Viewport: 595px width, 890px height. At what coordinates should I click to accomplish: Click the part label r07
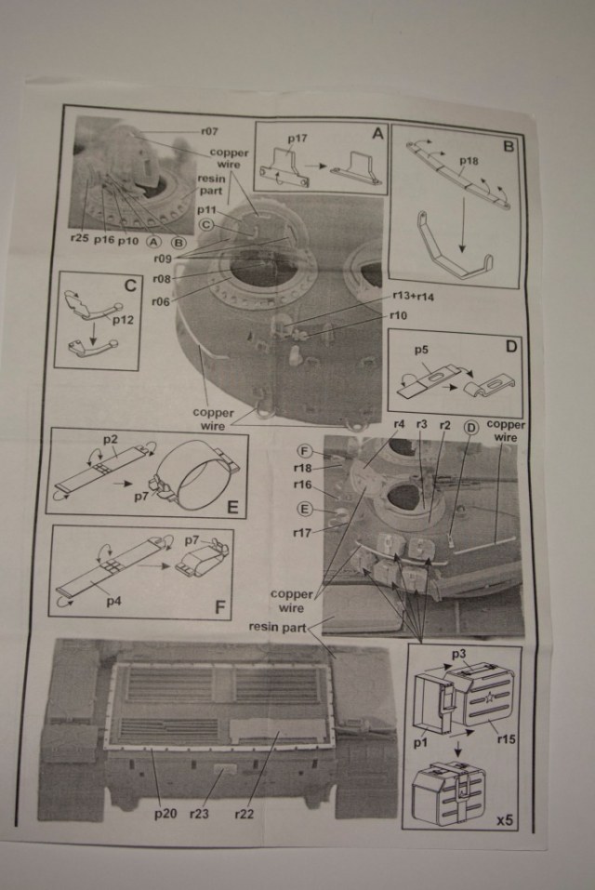pos(211,132)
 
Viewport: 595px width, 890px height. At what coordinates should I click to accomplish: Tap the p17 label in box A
pos(297,139)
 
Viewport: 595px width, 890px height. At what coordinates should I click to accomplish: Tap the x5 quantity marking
pos(505,820)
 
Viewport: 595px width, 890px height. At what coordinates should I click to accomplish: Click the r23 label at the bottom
pos(201,815)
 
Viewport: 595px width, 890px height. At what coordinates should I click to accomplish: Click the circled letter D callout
pos(469,427)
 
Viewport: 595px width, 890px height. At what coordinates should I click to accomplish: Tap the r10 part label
pos(399,316)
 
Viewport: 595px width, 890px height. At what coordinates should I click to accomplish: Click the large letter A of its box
pos(377,133)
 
